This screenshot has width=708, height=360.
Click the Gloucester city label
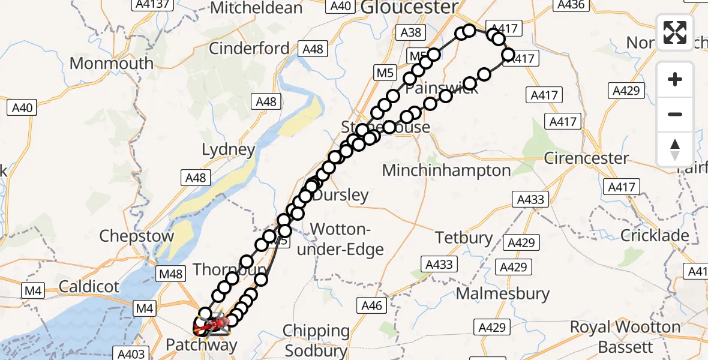coord(409,8)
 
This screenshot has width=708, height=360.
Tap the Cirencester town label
coord(586,158)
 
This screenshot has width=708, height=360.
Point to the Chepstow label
coord(136,236)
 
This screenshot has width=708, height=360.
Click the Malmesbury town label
coord(503,294)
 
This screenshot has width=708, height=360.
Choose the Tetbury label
coord(464,238)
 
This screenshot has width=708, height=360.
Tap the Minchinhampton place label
coord(446,170)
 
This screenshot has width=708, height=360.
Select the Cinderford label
coord(249,48)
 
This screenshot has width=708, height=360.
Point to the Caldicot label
coord(90,287)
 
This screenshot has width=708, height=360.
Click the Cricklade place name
coord(655,236)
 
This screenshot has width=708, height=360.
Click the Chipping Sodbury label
coord(316,340)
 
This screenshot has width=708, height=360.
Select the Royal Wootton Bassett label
coord(625,337)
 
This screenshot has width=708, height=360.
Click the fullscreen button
coord(675,32)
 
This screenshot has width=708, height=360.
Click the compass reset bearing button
coord(675,149)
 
